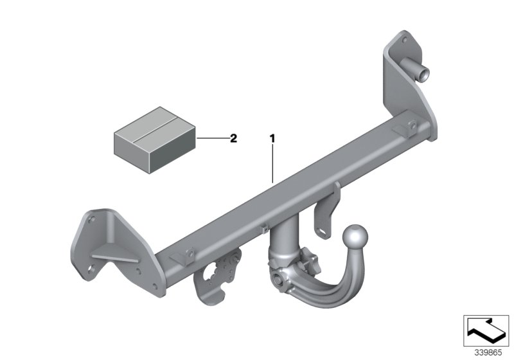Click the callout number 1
(272, 138)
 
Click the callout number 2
(233, 138)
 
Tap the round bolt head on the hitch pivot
(278, 280)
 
